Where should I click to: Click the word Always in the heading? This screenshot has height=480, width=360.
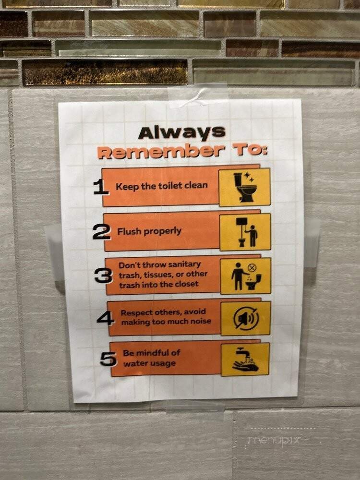[x=182, y=132]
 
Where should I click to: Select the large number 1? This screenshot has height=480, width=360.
[x=101, y=187]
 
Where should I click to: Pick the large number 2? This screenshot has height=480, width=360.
[x=101, y=232]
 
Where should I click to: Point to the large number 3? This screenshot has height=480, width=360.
[x=104, y=276]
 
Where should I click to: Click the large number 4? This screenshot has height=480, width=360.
[x=105, y=318]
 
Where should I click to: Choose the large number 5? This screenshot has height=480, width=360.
[x=108, y=359]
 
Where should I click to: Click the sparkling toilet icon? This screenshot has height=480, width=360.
[x=244, y=187]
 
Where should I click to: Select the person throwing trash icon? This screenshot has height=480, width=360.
[x=246, y=276]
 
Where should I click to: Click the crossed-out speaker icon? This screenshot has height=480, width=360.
[x=246, y=318]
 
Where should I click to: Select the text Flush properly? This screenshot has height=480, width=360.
[x=149, y=231]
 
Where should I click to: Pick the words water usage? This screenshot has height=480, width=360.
[x=149, y=364]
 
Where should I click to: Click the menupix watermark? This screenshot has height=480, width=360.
[x=274, y=440]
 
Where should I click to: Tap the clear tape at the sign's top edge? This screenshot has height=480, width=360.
[x=197, y=96]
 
